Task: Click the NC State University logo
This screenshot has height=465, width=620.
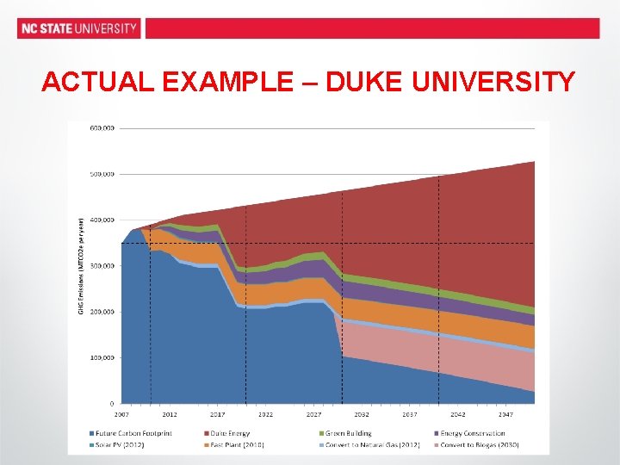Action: point(79,28)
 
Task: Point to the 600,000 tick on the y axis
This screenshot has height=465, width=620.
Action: point(102,127)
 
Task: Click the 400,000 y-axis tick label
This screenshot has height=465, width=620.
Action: point(102,220)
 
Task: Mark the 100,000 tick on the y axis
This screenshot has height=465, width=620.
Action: point(102,357)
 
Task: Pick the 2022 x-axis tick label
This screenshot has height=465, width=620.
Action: point(267,414)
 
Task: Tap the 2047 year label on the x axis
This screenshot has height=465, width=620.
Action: point(506,414)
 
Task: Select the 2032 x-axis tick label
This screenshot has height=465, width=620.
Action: point(363,414)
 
